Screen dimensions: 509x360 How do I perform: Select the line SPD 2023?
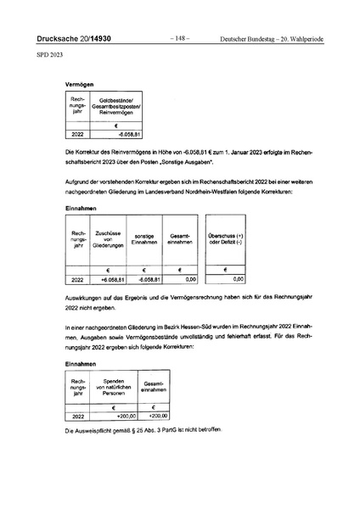point(49,57)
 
